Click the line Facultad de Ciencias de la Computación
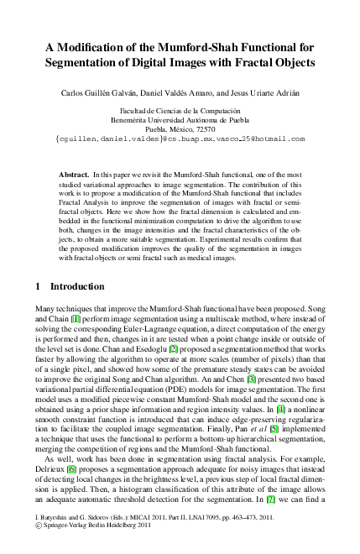tap(180, 111)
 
